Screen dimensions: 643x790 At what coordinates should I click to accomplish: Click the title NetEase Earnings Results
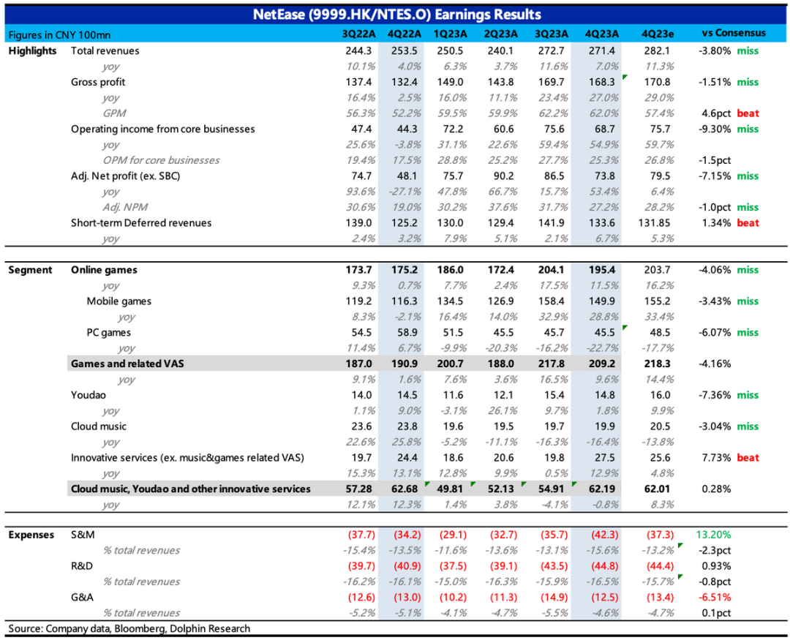pyautogui.click(x=396, y=15)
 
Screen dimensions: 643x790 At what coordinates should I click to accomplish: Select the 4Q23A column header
pyautogui.click(x=602, y=34)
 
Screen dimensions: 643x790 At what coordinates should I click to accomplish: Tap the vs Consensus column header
pyautogui.click(x=734, y=33)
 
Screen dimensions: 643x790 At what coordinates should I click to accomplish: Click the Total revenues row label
pyautogui.click(x=105, y=51)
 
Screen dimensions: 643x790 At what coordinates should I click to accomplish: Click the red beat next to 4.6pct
pyautogui.click(x=748, y=113)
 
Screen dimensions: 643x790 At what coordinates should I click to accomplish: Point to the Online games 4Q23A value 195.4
pyautogui.click(x=602, y=270)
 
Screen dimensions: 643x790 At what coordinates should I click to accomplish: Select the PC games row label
pyautogui.click(x=108, y=333)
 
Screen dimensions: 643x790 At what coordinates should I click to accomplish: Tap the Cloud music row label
pyautogui.click(x=99, y=426)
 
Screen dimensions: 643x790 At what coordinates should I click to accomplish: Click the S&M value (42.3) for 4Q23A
pyautogui.click(x=602, y=535)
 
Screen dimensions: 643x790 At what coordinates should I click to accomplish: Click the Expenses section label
pyautogui.click(x=31, y=535)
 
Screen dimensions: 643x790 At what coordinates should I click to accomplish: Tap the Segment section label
pyautogui.click(x=31, y=270)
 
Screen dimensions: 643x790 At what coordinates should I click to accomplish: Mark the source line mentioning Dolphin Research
pyautogui.click(x=129, y=628)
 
